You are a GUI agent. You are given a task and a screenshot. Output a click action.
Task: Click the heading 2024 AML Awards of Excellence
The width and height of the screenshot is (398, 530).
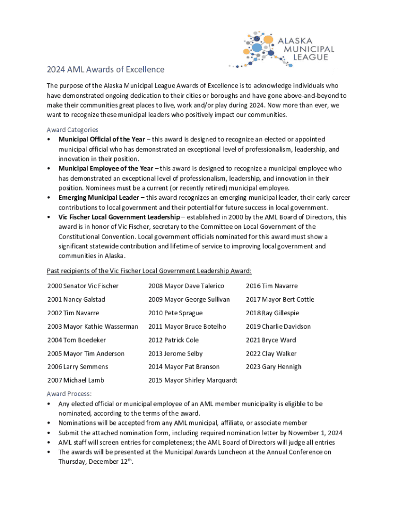105,69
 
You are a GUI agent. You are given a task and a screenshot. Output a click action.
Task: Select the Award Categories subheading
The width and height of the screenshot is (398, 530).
72,129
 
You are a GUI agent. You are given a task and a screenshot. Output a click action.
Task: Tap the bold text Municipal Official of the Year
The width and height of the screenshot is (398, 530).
101,139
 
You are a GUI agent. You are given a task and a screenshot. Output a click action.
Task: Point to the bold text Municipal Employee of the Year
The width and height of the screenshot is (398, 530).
105,168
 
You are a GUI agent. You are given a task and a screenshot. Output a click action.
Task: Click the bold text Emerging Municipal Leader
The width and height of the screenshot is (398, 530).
98,197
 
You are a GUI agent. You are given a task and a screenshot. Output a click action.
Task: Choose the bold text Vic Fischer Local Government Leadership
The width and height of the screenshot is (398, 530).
119,217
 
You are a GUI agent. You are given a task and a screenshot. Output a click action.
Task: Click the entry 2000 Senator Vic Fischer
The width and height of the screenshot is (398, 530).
83,286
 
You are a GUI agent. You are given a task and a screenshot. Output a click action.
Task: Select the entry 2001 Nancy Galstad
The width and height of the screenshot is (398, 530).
76,299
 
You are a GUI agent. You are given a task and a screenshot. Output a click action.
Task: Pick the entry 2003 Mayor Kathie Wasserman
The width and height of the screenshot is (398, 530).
93,327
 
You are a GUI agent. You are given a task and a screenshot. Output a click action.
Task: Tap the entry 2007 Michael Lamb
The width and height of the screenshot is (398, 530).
75,380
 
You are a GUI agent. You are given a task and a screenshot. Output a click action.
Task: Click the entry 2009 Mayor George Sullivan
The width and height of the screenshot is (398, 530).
189,299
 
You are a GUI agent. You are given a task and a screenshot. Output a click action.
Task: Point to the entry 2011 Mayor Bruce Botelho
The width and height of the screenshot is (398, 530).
187,327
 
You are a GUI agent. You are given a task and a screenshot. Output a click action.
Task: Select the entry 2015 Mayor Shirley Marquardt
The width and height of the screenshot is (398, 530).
192,380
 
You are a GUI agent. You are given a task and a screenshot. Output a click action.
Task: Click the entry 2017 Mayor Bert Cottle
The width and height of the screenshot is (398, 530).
280,299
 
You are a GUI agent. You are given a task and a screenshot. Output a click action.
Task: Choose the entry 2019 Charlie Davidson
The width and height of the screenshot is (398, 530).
278,327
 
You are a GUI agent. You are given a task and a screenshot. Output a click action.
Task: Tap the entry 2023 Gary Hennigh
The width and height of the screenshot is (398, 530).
273,366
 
